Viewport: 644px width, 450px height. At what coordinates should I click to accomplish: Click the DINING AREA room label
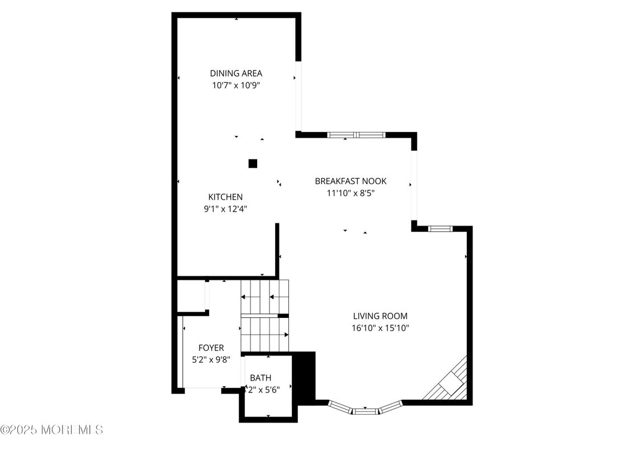click(x=236, y=73)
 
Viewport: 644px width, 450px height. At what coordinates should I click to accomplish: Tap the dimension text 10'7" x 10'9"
click(x=236, y=86)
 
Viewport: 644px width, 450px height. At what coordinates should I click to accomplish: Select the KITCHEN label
click(x=225, y=197)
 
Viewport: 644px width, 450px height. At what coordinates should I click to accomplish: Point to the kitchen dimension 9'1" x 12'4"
click(x=225, y=209)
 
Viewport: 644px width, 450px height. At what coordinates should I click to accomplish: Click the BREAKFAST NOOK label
click(x=351, y=181)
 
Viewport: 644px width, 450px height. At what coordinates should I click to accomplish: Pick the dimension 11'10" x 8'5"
click(x=351, y=194)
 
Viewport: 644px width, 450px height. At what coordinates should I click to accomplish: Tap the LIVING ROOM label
click(x=380, y=316)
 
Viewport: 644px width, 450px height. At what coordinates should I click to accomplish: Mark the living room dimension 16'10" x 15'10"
click(x=380, y=328)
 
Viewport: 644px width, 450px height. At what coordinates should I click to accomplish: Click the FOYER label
click(x=211, y=348)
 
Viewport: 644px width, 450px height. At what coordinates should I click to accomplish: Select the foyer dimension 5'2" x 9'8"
click(x=211, y=360)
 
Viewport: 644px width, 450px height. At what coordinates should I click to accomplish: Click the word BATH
click(x=261, y=378)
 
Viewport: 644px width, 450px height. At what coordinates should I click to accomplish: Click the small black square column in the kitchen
click(x=253, y=163)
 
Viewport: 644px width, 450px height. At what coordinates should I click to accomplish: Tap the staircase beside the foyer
click(x=265, y=316)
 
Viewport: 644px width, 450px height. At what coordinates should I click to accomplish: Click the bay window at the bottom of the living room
click(x=365, y=409)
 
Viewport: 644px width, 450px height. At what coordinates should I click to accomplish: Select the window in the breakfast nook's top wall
click(x=356, y=135)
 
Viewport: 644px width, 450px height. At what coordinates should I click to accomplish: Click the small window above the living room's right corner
click(x=440, y=228)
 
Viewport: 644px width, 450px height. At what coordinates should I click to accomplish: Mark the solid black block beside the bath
click(x=305, y=376)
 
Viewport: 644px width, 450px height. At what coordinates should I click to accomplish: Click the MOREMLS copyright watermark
click(x=51, y=430)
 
